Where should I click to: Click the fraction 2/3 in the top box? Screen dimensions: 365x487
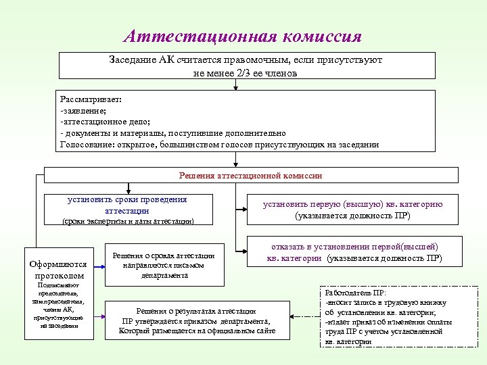[x=240, y=73]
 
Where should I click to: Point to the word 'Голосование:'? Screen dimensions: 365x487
[x=87, y=144]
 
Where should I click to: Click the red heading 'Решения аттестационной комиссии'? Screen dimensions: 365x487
[x=250, y=175]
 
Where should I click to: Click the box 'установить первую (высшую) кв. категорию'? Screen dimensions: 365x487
[x=352, y=210]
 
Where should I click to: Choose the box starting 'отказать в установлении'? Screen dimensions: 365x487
[x=354, y=253]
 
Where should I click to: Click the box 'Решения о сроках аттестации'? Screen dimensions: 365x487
[x=163, y=265]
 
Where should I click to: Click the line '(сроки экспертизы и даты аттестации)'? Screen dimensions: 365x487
[x=128, y=221]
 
